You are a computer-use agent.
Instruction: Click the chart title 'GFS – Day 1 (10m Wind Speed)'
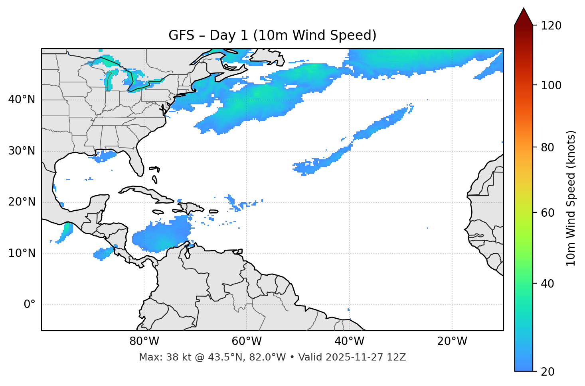pos(272,35)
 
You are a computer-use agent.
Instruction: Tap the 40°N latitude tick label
pos(22,100)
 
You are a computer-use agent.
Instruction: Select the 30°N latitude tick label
pos(22,151)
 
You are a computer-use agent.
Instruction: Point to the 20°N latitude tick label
pos(22,202)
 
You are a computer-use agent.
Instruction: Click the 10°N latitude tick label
pos(22,253)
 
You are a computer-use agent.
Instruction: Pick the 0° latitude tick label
pos(29,305)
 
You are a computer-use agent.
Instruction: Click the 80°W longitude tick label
pos(144,341)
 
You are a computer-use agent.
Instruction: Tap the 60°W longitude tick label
pos(247,341)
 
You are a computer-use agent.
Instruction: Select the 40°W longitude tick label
pos(349,341)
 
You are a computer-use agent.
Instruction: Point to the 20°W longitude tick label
pos(452,341)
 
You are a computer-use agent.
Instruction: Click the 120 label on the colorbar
pos(551,26)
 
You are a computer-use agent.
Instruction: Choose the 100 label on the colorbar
pos(551,85)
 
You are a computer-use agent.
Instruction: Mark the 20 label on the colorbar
pos(548,372)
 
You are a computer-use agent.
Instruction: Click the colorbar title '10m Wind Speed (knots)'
pos(571,198)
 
